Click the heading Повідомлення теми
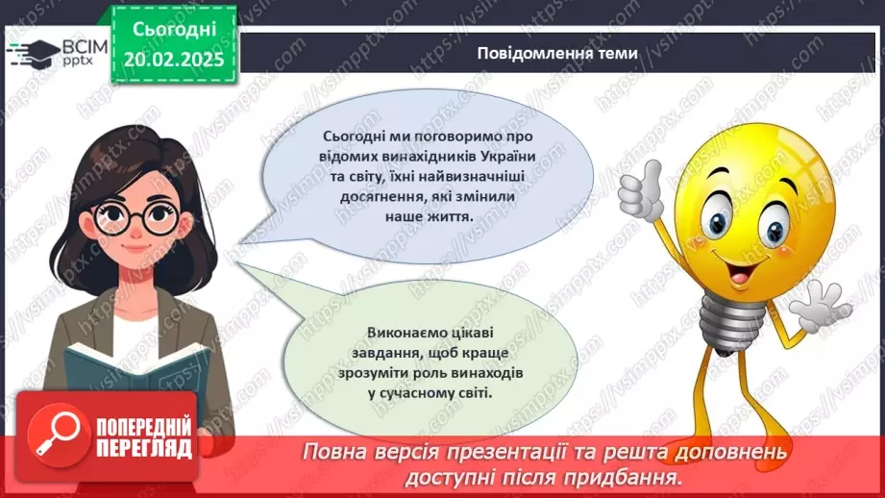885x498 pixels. point(556,54)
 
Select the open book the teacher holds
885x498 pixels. point(125,370)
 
